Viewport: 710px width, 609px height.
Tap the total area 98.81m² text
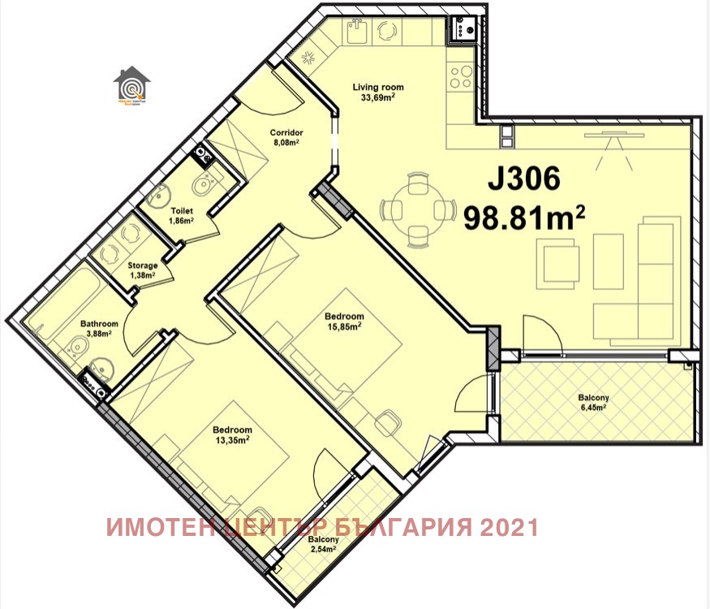click(x=524, y=217)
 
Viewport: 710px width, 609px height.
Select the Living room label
click(x=377, y=87)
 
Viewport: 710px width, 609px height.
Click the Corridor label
click(x=286, y=132)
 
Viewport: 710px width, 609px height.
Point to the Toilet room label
click(x=181, y=210)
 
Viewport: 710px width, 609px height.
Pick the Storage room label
click(x=142, y=266)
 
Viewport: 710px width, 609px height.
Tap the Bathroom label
click(x=99, y=324)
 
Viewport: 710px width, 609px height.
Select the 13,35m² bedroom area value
click(x=232, y=440)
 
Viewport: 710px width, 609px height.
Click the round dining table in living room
click(x=417, y=210)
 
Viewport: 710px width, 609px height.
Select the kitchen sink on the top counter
click(x=358, y=33)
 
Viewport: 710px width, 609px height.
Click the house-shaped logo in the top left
click(x=131, y=87)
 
